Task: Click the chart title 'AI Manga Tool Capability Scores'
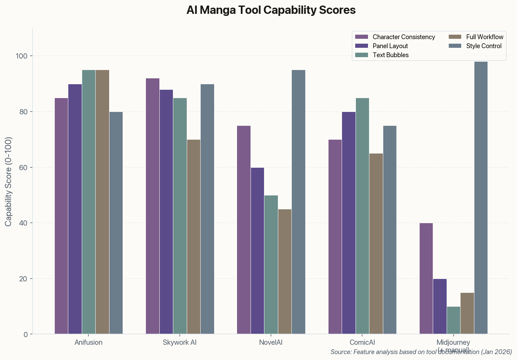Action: pos(271,10)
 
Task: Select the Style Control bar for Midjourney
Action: pos(481,198)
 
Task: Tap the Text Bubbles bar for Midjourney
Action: pos(453,320)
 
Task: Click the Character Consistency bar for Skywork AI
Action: pos(152,206)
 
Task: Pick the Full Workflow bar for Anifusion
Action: pos(102,202)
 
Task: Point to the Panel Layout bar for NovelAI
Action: pos(257,251)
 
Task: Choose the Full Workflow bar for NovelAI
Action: pos(285,272)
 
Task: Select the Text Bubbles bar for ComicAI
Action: pos(362,216)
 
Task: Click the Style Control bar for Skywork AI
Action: pos(207,209)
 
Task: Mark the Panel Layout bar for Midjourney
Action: pos(440,306)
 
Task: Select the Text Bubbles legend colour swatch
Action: pos(361,55)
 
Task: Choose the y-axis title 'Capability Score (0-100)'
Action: pos(9,182)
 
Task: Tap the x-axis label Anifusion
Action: pos(88,343)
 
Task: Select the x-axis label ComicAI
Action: pos(362,343)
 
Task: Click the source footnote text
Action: pos(421,352)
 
